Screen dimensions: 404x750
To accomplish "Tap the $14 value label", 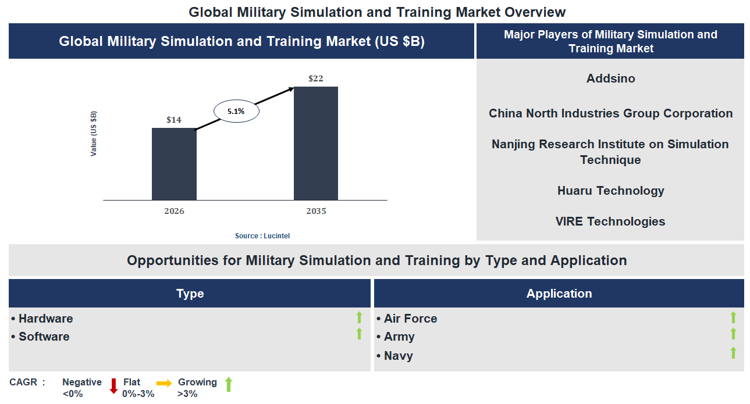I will pyautogui.click(x=174, y=120).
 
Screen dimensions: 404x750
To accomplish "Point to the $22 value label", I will pyautogui.click(x=315, y=78).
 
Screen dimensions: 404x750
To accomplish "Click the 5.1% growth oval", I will pyautogui.click(x=236, y=111).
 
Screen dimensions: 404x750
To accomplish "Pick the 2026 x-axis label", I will pyautogui.click(x=174, y=211).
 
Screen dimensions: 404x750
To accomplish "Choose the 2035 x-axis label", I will pyautogui.click(x=316, y=211).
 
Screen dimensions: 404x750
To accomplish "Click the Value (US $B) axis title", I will pyautogui.click(x=94, y=133).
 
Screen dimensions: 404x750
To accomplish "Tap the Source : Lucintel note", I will pyautogui.click(x=262, y=235).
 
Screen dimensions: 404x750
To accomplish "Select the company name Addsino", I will pyautogui.click(x=610, y=78).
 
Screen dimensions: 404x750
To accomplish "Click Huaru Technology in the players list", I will pyautogui.click(x=610, y=191).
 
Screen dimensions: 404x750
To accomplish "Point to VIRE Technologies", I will pyautogui.click(x=610, y=221).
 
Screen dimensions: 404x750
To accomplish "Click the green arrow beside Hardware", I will pyautogui.click(x=359, y=317).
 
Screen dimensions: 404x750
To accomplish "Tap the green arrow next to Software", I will pyautogui.click(x=359, y=334).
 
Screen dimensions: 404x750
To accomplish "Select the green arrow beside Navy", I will pyautogui.click(x=733, y=353).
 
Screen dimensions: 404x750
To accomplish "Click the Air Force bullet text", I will pyautogui.click(x=410, y=319).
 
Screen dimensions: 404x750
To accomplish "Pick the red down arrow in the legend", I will pyautogui.click(x=113, y=386).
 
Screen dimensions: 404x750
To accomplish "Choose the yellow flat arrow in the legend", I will pyautogui.click(x=164, y=384).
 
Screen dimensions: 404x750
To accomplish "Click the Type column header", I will pyautogui.click(x=190, y=294).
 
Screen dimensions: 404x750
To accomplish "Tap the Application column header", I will pyautogui.click(x=559, y=294).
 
